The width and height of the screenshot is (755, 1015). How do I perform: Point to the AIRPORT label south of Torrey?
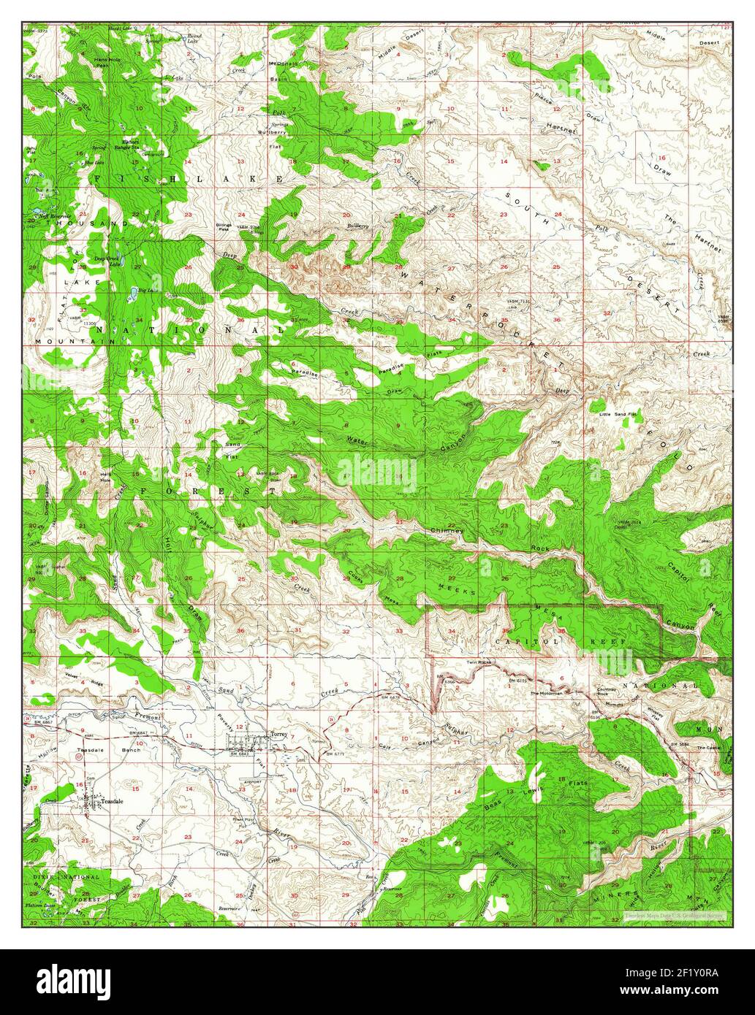tap(251, 780)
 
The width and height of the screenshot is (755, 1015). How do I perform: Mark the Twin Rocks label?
tap(477, 663)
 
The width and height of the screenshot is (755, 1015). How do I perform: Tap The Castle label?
tap(707, 748)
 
